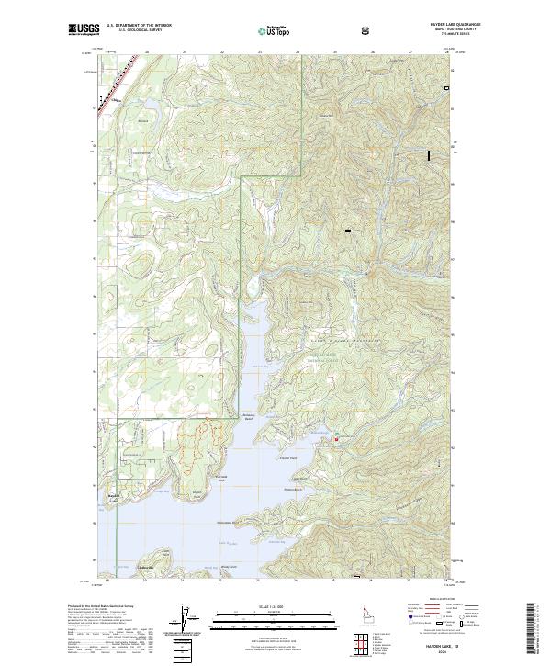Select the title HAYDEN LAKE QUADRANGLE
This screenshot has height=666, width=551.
click(422, 25)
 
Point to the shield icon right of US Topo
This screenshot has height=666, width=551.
click(366, 30)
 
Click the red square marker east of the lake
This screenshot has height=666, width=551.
click(336, 440)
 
